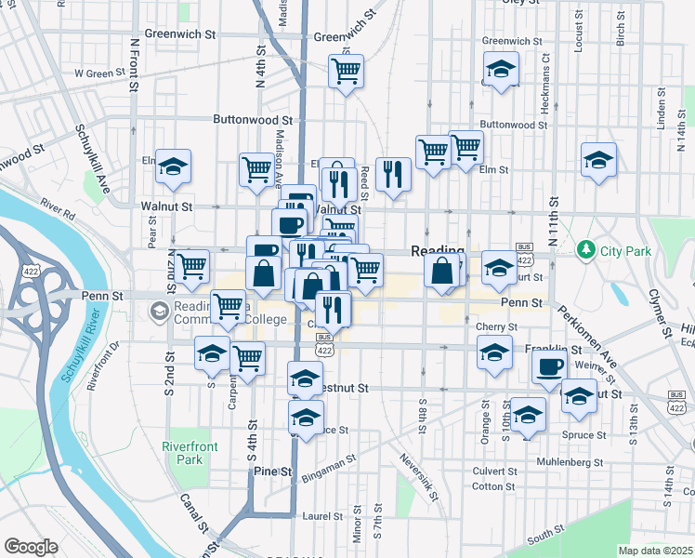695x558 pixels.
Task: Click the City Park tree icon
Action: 585,249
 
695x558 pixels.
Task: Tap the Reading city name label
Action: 438,251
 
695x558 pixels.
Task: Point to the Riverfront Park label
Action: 190,453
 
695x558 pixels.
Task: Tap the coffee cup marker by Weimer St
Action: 549,366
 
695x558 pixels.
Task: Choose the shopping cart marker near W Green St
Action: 346,71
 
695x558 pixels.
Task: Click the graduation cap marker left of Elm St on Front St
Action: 173,166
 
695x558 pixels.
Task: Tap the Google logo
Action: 31,547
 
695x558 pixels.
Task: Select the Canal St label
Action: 193,515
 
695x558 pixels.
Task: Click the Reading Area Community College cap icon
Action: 160,310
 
